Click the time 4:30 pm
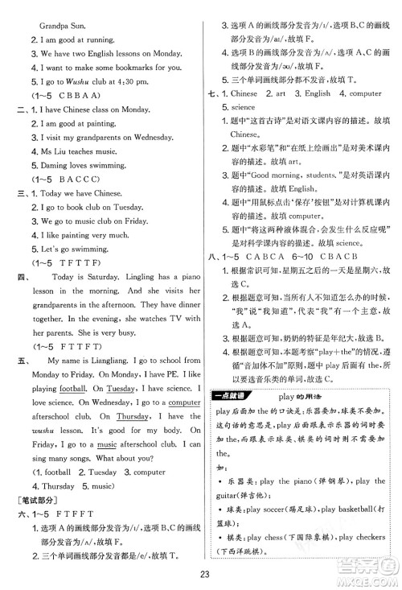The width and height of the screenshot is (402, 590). pos(132,82)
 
